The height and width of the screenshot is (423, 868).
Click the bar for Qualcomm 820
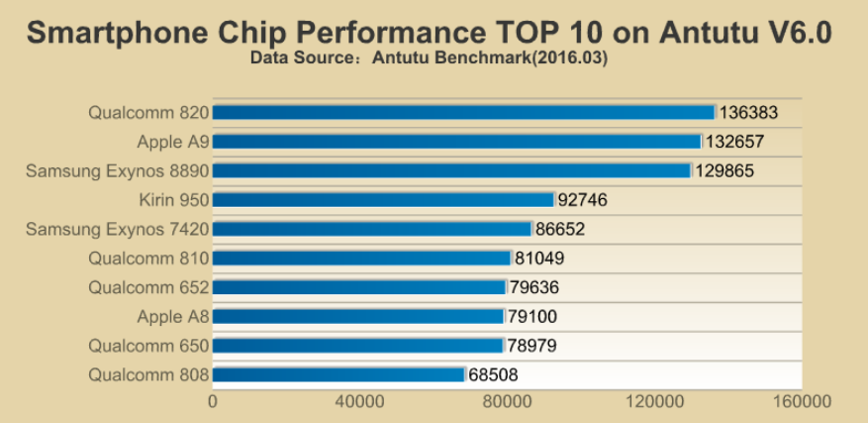[463, 112]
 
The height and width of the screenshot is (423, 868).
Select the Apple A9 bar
[456, 142]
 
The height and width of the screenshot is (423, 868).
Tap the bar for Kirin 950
[383, 200]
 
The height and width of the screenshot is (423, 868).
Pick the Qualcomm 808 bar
[338, 375]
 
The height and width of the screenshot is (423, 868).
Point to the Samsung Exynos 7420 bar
[372, 229]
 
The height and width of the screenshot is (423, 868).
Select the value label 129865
[725, 171]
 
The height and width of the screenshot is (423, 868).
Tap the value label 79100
[537, 317]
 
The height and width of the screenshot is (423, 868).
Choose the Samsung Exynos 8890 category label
[117, 171]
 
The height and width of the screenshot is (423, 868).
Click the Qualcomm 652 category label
[148, 288]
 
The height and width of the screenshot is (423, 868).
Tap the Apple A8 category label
[173, 317]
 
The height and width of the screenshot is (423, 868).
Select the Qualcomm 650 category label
[148, 346]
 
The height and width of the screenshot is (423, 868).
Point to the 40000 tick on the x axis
[359, 402]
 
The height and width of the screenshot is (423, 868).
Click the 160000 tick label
[801, 402]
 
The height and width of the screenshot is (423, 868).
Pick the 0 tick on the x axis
[213, 402]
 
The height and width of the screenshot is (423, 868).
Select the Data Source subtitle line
[429, 58]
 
